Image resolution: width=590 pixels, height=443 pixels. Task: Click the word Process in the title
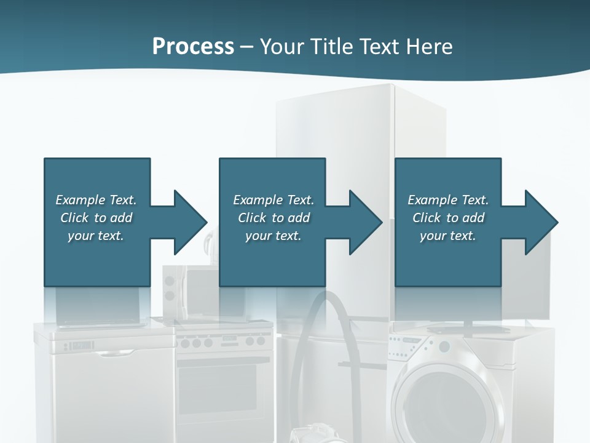[x=193, y=47]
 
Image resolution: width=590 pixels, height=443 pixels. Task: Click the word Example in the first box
[x=80, y=200]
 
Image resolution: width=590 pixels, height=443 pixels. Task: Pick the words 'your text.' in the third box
[x=447, y=236]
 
